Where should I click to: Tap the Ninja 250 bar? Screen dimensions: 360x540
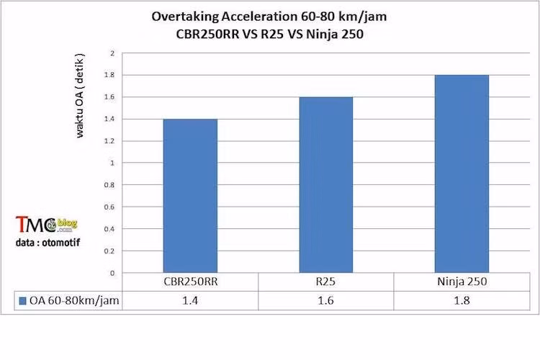pyautogui.click(x=462, y=174)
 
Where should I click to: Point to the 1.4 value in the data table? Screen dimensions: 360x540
pyautogui.click(x=190, y=302)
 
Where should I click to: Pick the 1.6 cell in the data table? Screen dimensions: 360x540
pyautogui.click(x=325, y=302)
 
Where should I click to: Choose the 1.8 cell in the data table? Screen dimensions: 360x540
pyautogui.click(x=462, y=302)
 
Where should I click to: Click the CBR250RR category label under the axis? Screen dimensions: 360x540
pyautogui.click(x=190, y=282)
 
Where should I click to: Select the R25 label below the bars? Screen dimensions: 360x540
pyautogui.click(x=325, y=282)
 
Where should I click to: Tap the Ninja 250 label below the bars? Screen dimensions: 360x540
pyautogui.click(x=462, y=282)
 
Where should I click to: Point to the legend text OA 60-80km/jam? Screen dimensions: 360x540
pyautogui.click(x=74, y=302)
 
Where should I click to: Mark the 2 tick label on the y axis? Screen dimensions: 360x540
pyautogui.click(x=112, y=53)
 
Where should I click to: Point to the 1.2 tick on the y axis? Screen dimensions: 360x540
pyautogui.click(x=109, y=141)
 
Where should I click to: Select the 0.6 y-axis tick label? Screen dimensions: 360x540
pyautogui.click(x=109, y=207)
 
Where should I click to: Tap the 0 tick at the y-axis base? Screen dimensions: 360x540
pyautogui.click(x=112, y=274)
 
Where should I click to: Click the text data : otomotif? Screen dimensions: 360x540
pyautogui.click(x=48, y=243)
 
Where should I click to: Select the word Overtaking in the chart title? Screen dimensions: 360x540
pyautogui.click(x=183, y=16)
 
